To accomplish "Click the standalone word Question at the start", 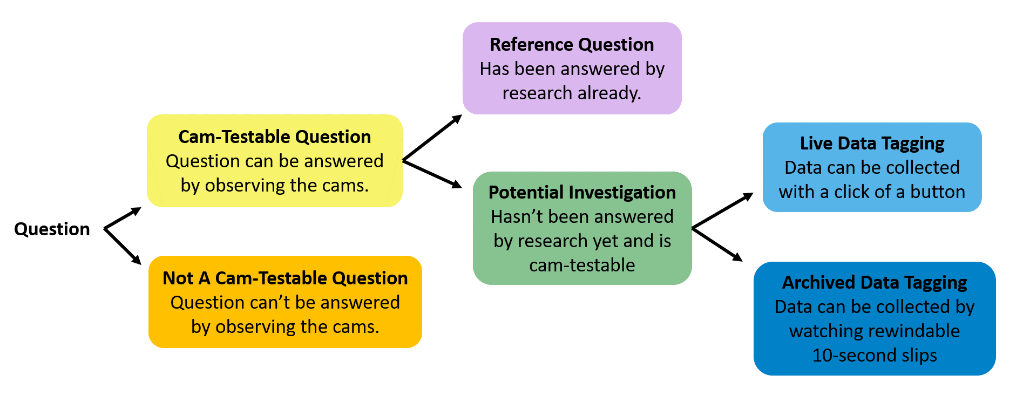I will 52,229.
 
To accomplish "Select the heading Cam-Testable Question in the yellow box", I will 275,137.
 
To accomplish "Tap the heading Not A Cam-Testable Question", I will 285,278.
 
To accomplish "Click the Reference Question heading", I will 572,45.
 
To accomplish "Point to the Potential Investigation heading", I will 582,193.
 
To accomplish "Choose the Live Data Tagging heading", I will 872,144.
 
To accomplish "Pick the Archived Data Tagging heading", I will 875,283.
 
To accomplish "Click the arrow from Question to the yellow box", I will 123,218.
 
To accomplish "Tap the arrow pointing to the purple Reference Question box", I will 432,138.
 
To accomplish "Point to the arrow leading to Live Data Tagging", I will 722,210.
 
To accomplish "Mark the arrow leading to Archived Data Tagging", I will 717,244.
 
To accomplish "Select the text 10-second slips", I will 875,356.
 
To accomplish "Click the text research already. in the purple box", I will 572,93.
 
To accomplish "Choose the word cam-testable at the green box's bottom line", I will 582,265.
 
